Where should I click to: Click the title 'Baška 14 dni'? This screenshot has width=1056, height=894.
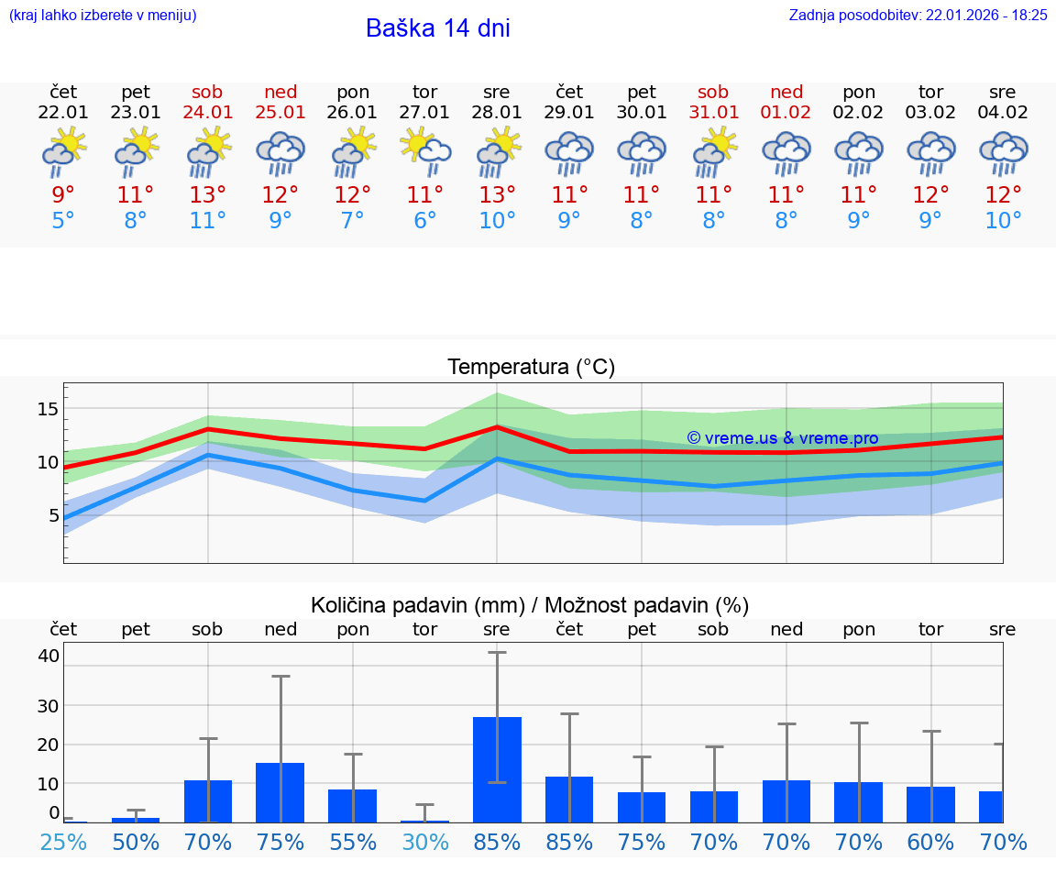(437, 28)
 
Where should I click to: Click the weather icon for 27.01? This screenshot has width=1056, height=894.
(424, 151)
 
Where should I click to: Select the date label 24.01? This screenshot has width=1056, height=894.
(208, 112)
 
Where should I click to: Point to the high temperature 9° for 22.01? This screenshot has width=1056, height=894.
(63, 195)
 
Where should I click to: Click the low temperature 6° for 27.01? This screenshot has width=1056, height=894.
(424, 221)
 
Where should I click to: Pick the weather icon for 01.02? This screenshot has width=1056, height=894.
(786, 151)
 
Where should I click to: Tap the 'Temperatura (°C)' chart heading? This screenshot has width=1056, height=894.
(531, 368)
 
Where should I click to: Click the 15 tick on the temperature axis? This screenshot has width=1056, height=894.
(48, 409)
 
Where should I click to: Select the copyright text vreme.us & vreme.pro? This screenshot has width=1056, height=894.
(782, 438)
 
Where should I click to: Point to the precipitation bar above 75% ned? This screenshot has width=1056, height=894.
(280, 791)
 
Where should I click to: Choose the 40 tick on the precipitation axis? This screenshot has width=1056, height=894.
(49, 656)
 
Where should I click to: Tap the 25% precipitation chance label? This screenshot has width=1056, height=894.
(63, 842)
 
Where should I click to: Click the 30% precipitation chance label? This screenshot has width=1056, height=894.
(424, 842)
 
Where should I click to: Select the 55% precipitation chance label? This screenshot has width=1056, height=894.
(353, 842)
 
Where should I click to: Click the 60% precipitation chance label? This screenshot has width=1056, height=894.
(930, 842)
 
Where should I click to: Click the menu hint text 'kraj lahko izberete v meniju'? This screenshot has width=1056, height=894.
(103, 15)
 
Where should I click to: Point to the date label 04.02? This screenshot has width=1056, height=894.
(1003, 112)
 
